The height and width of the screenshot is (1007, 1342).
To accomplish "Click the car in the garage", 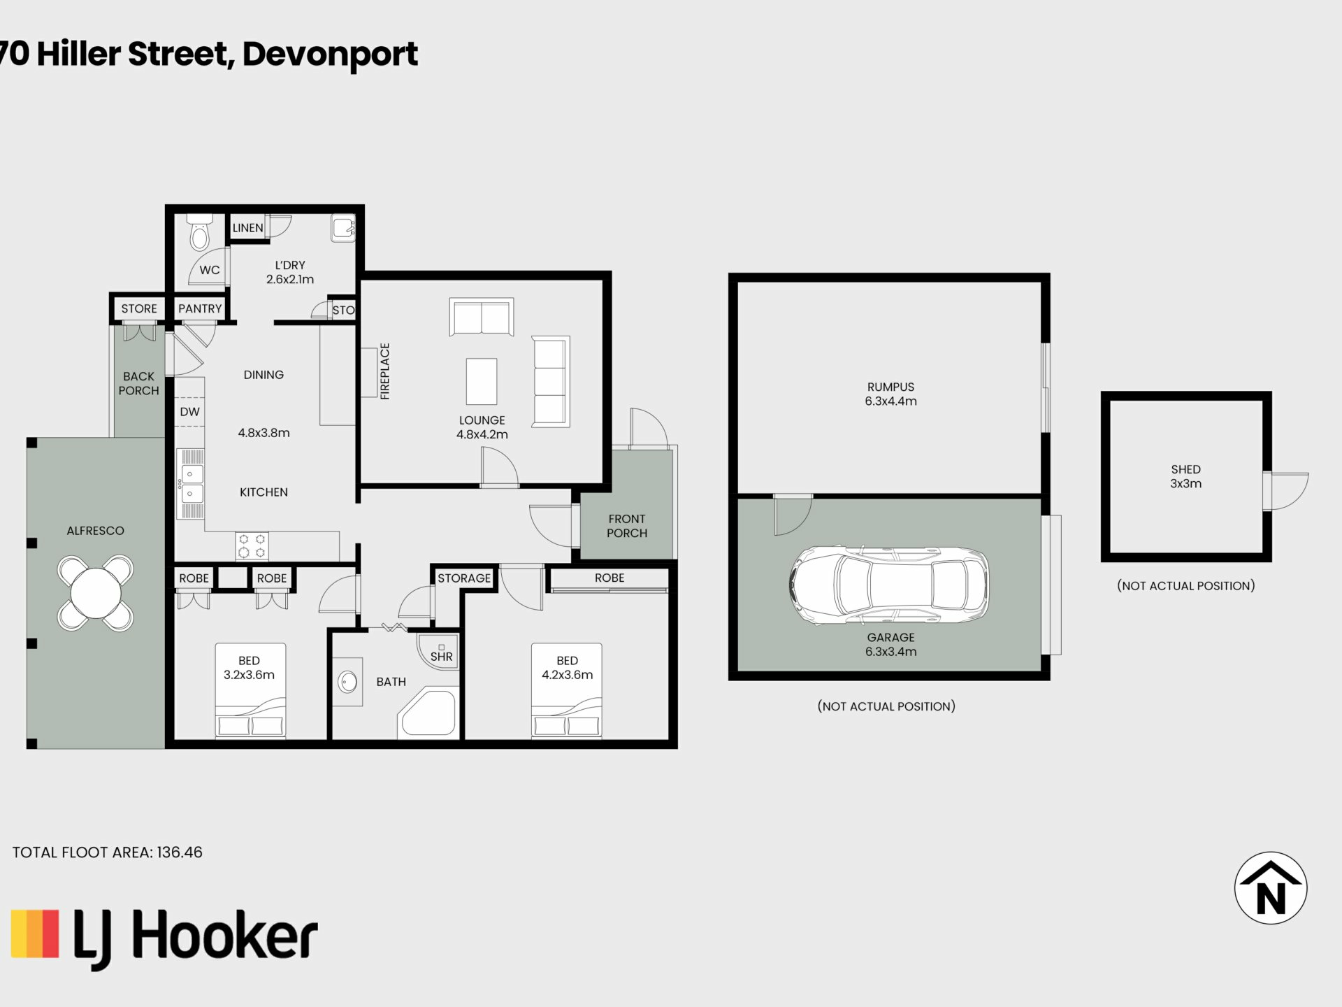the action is (889, 585).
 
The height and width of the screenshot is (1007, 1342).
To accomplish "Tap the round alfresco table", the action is (95, 593).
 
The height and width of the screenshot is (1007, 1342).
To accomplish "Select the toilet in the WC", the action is (200, 231).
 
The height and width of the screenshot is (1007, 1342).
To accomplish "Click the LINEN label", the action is (248, 228).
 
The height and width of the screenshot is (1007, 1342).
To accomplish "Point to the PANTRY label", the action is (200, 308).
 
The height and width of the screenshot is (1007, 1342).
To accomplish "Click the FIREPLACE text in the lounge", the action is (385, 371).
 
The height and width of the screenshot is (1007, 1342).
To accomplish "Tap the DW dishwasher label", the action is (189, 412).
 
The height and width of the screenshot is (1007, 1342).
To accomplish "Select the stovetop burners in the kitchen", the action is (252, 545).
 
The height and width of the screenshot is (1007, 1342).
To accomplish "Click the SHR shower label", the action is (441, 657).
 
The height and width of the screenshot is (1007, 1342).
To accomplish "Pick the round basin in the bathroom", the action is (348, 682).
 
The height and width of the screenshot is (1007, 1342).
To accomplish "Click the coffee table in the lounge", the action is (482, 381).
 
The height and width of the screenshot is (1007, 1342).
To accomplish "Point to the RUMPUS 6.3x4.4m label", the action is (890, 394).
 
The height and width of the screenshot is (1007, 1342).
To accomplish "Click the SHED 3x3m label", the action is (1186, 476).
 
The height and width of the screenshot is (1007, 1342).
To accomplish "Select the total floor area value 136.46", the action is (180, 852).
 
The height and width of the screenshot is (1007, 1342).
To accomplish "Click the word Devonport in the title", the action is (330, 55).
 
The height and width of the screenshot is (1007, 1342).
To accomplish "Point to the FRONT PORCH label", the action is (627, 526).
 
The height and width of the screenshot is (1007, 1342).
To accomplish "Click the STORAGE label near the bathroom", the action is (464, 578).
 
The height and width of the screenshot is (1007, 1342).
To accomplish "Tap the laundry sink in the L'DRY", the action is (343, 228).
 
